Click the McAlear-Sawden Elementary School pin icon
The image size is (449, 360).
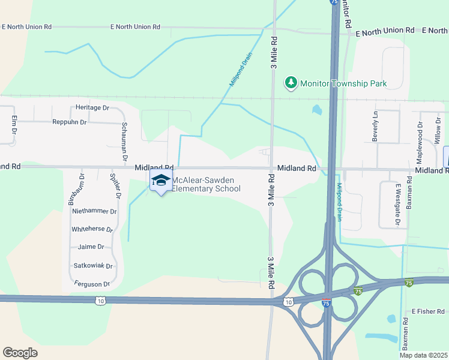click(160, 180)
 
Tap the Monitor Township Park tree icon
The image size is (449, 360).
click(291, 83)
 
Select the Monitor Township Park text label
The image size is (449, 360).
click(343, 83)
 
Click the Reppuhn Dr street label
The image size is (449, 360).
click(70, 122)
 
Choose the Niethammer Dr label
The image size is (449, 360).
click(94, 211)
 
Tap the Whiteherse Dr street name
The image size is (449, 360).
click(92, 229)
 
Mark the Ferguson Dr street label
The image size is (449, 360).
click(92, 284)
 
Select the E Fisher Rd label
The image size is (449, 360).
click(427, 311)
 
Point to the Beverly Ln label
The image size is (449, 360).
click(376, 127)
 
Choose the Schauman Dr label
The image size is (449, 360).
click(124, 133)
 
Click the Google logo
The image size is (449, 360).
click(20, 352)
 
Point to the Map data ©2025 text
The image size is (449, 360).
click(423, 355)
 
